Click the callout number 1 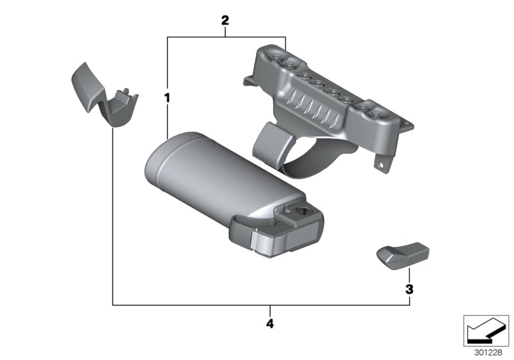[167, 97]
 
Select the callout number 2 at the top [225, 21]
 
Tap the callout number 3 [409, 289]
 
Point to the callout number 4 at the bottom [270, 323]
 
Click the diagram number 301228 [488, 352]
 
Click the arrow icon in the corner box [486, 330]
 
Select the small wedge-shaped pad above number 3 [402, 256]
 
